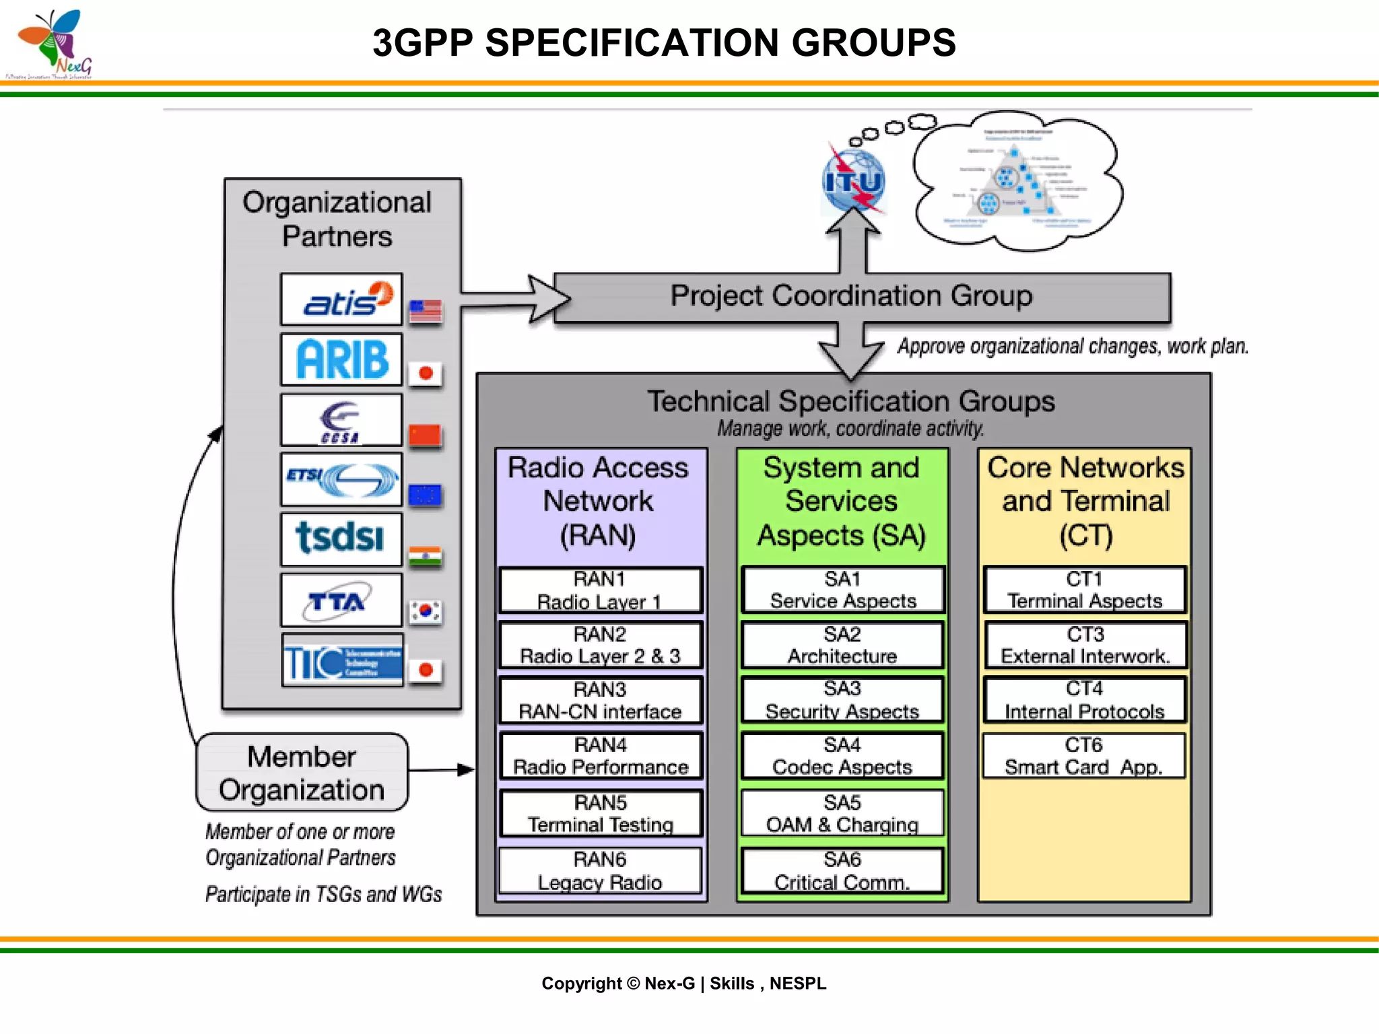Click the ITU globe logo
(854, 180)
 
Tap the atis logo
(341, 300)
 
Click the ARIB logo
(341, 359)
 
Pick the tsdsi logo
(341, 539)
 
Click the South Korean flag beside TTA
(426, 611)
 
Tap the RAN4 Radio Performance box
(601, 756)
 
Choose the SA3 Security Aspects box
(842, 700)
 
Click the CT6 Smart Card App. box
(1084, 756)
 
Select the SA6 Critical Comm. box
(842, 871)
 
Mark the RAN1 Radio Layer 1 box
(601, 590)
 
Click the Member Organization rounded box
(302, 773)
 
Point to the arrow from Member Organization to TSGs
(441, 769)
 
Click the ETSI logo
(341, 480)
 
